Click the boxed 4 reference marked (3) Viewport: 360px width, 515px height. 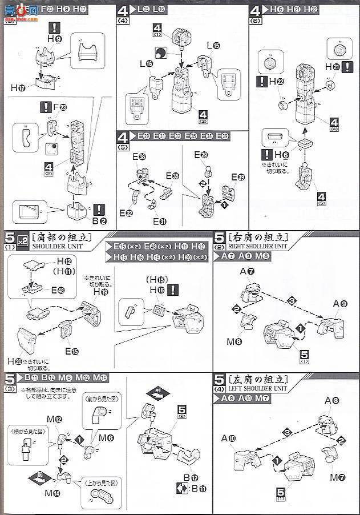tap(203, 115)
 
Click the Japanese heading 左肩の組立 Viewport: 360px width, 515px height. tap(257, 380)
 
